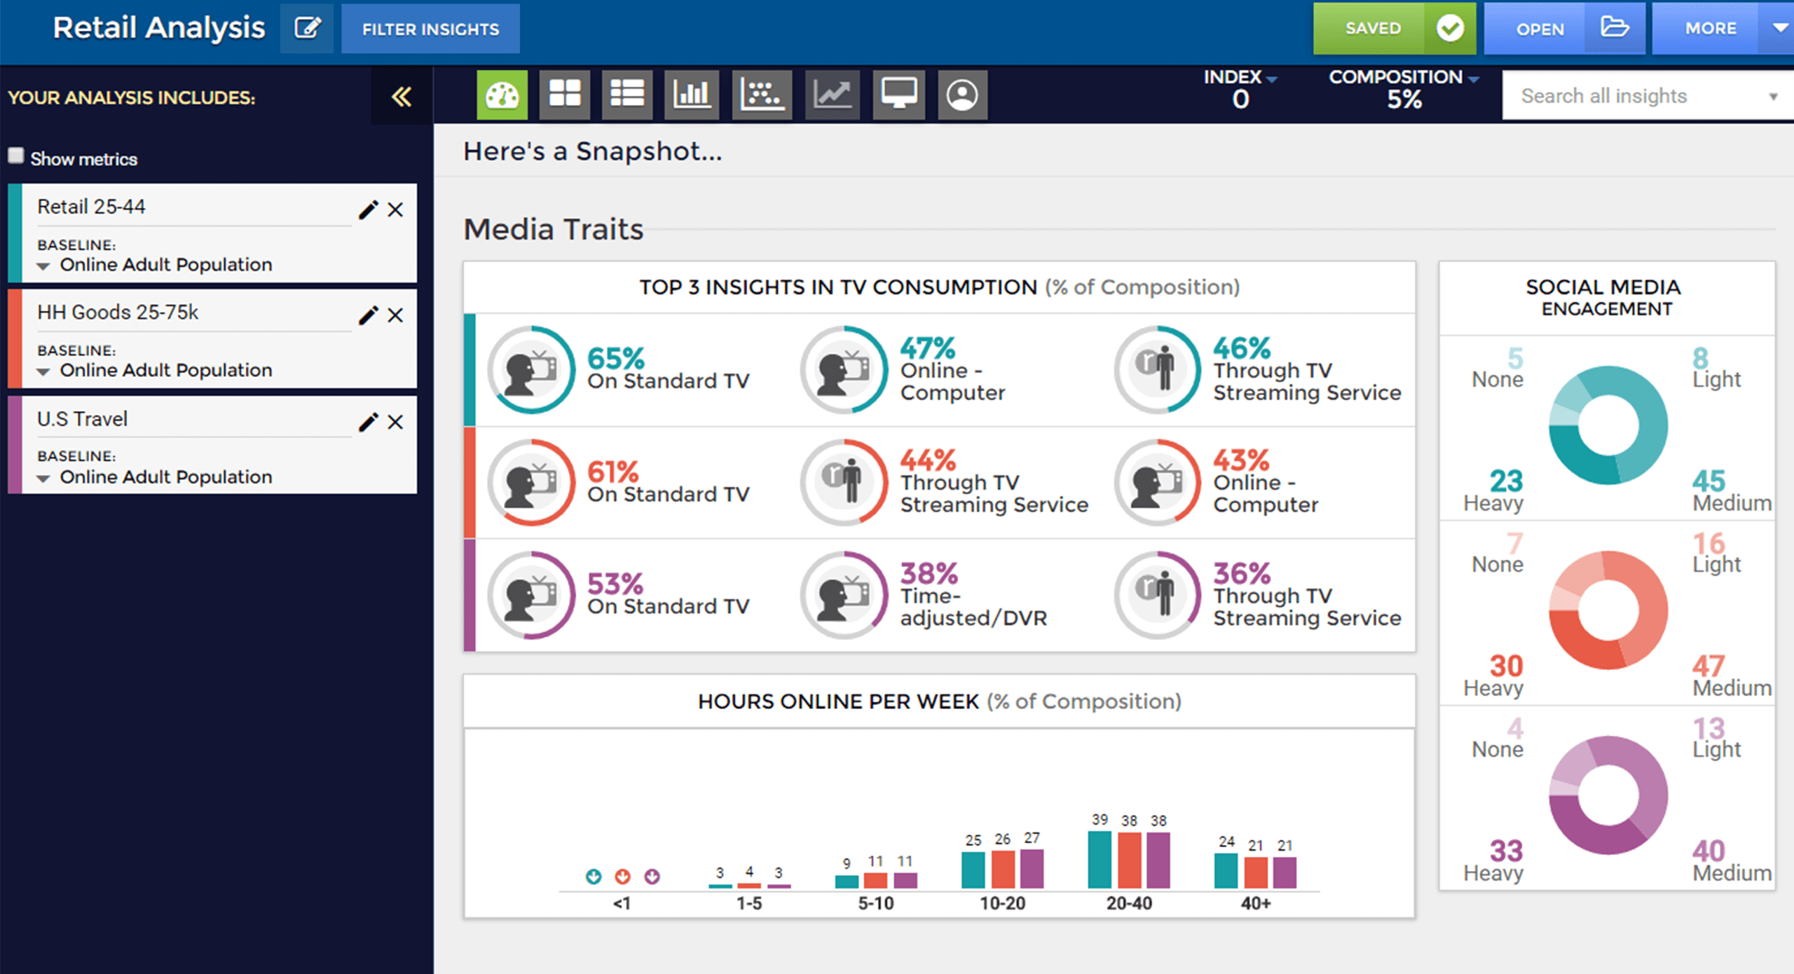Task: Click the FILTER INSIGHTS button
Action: [430, 29]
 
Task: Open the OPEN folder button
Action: [1563, 29]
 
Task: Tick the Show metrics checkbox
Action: [16, 156]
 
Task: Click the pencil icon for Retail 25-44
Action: [368, 210]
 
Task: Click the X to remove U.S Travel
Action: [395, 422]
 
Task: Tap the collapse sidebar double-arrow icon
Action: [402, 97]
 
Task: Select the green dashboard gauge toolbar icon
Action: [502, 95]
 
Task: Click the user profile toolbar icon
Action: [962, 95]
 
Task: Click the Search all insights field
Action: [1640, 96]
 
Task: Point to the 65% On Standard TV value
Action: [615, 358]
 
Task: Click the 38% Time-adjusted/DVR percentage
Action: [929, 574]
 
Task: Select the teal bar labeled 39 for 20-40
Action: [1099, 860]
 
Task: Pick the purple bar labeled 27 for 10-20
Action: [1032, 868]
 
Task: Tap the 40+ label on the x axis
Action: [1255, 903]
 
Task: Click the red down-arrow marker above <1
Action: [622, 877]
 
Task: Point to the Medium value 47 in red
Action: [1708, 666]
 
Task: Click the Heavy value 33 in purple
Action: [1506, 851]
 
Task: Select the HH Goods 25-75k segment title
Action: [118, 313]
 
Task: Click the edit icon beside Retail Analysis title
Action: [307, 29]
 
